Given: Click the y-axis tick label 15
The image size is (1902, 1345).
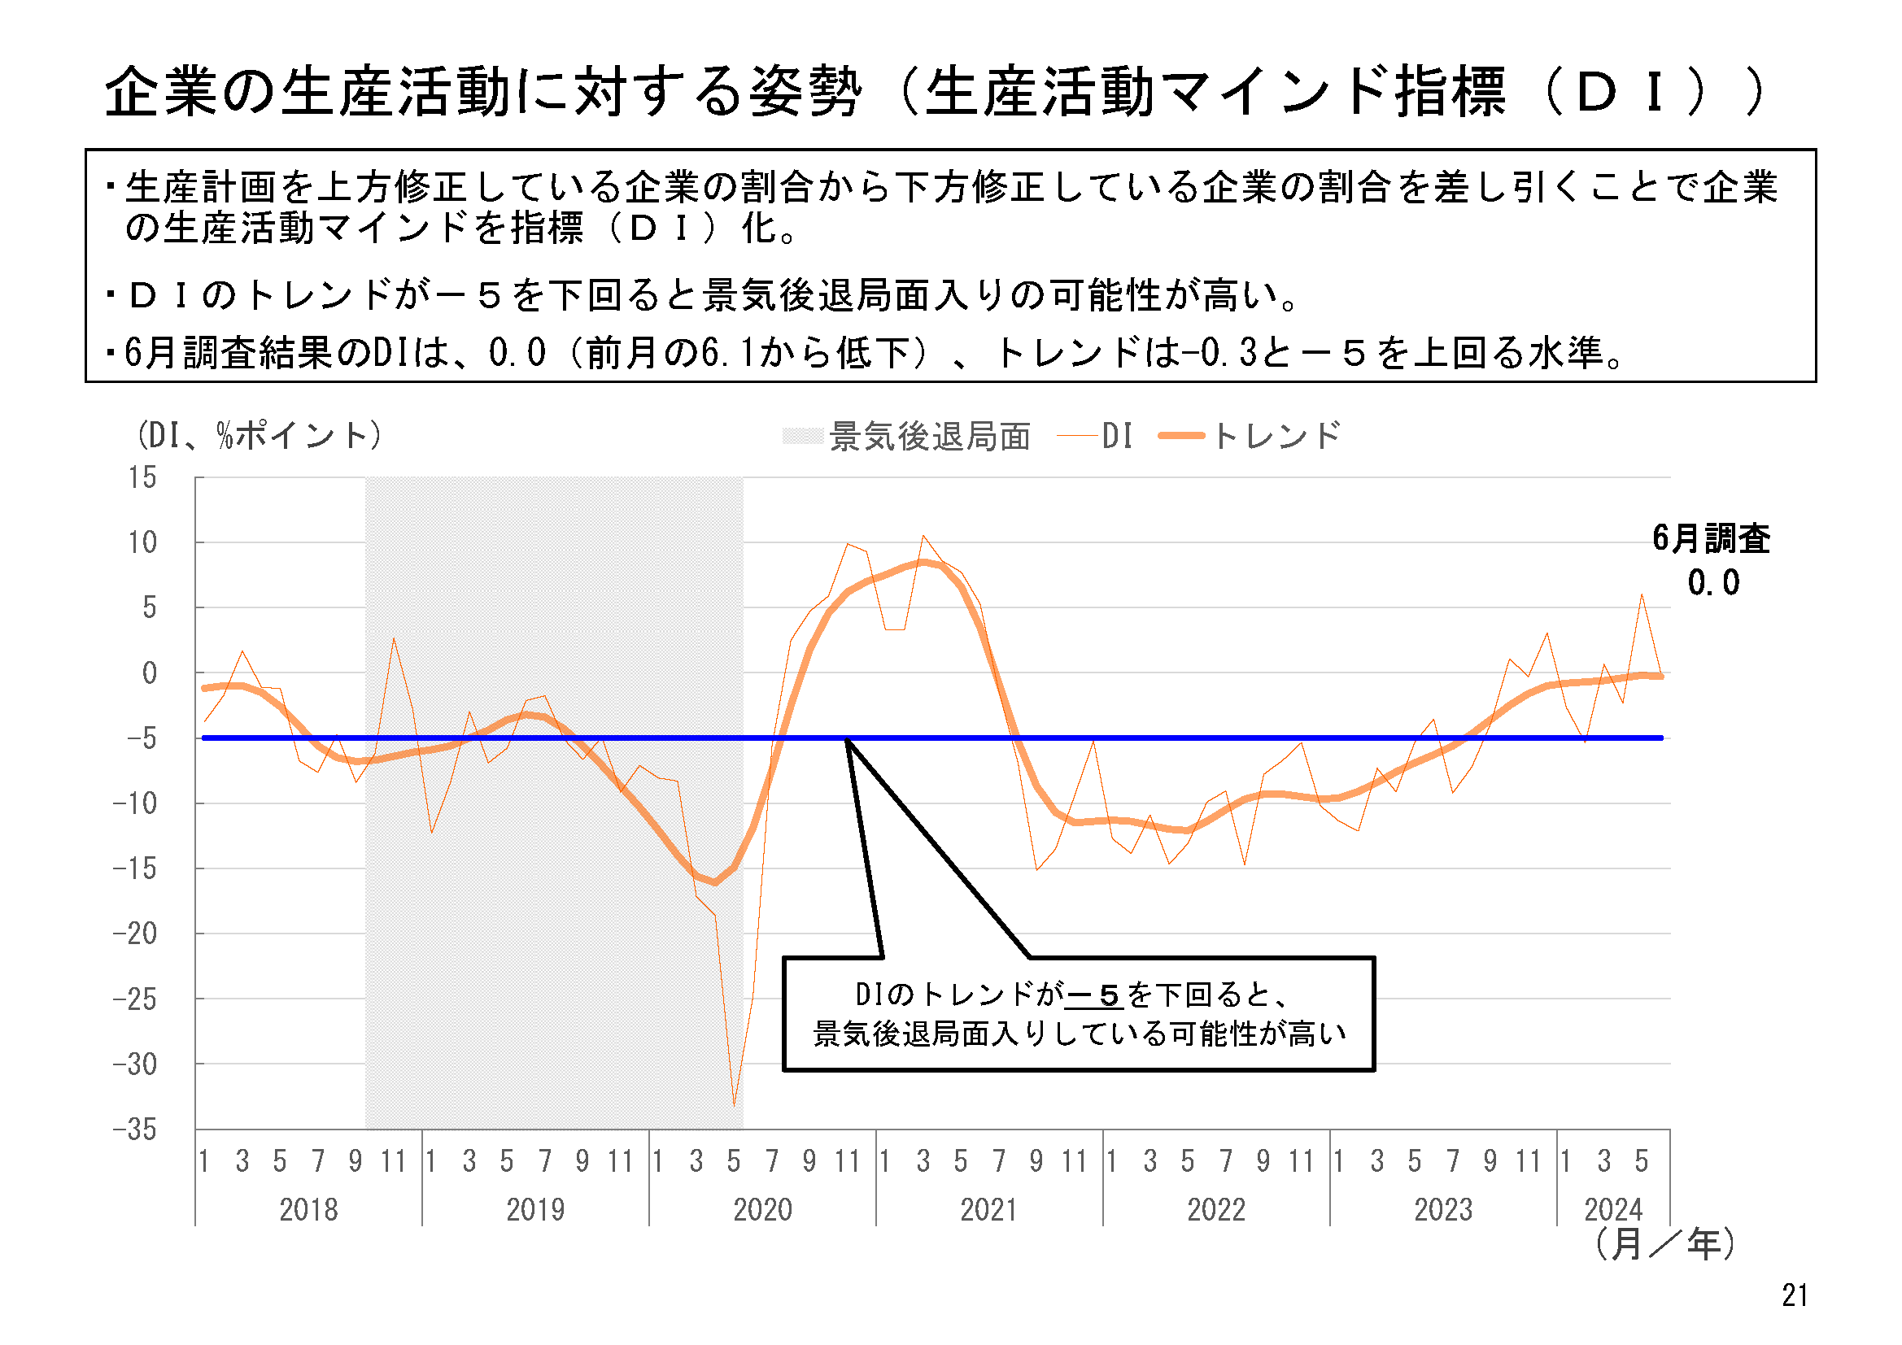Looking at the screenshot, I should coord(142,478).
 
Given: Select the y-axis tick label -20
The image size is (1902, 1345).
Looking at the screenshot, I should coord(134,934).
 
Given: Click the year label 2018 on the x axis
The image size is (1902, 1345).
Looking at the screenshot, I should coord(308,1210).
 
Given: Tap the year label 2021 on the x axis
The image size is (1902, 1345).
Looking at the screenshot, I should coord(989,1210).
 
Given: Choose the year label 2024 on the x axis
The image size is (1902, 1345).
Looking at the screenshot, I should coord(1613,1210).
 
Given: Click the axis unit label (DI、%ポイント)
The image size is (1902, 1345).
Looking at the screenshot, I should coord(260,435).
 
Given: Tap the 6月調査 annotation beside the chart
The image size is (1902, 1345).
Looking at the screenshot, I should coord(1711,539).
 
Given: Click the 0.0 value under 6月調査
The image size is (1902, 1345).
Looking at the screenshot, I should coord(1713,583).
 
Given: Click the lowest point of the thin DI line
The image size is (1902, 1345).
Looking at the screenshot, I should coord(734,1106).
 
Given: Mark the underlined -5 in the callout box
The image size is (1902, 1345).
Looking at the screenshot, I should coord(1093,995).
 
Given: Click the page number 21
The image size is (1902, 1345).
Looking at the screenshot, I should coord(1795,1295).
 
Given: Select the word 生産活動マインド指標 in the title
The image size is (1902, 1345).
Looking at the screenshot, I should coord(1215,91).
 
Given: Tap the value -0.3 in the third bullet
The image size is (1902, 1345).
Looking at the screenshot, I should coord(1219,354).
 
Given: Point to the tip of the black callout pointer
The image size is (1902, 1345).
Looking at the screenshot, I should coord(847,739).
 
